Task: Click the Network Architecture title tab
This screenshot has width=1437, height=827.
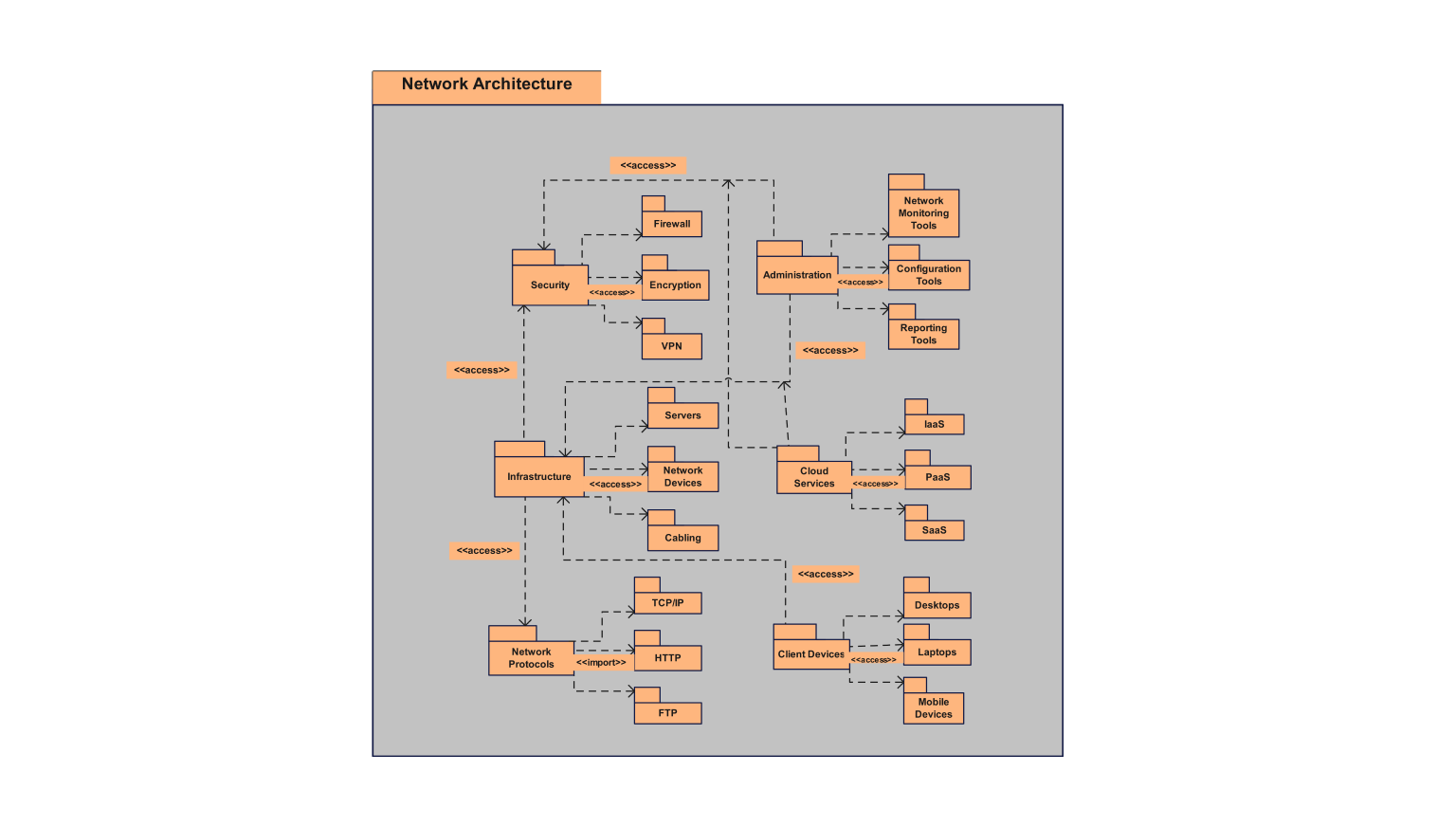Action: coord(486,85)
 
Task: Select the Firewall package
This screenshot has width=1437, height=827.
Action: coord(671,224)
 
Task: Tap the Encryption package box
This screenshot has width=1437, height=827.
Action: coord(675,285)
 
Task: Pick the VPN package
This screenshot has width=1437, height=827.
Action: coord(671,346)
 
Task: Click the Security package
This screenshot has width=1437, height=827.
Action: coord(550,285)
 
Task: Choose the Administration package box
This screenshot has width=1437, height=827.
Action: coord(796,275)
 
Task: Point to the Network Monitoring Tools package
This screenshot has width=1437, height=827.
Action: coord(923,213)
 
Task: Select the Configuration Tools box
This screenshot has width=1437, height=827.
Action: coord(928,275)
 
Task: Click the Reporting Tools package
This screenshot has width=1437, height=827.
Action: coord(923,334)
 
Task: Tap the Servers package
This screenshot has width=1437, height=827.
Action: coord(682,415)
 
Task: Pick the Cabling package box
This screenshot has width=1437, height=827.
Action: coord(682,538)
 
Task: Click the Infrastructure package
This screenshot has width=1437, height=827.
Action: coord(538,476)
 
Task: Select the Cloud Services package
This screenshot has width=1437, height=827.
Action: coord(813,477)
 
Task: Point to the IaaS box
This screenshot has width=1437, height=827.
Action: coord(934,424)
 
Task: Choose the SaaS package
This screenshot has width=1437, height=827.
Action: coord(934,530)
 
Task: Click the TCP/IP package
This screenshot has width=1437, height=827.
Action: coord(667,603)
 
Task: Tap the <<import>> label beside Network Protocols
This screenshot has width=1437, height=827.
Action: coord(601,662)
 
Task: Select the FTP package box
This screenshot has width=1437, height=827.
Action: coord(667,713)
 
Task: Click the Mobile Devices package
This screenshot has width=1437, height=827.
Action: coord(933,708)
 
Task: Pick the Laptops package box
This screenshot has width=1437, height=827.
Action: coord(937,652)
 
